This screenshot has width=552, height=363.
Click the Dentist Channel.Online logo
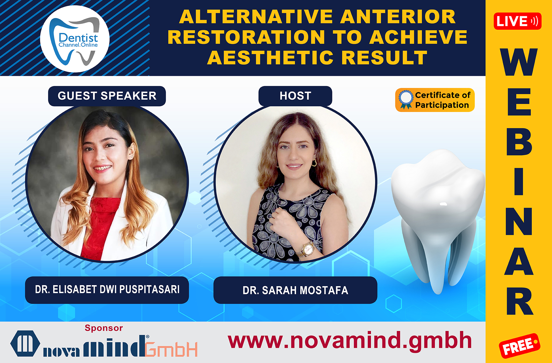(75, 39)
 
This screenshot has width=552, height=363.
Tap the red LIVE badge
(517, 21)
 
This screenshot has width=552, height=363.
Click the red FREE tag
(519, 346)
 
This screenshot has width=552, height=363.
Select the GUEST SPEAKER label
(107, 96)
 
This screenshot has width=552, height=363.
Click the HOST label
(295, 96)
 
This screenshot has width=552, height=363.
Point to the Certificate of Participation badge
(435, 100)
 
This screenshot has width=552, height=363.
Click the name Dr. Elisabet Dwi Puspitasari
(107, 290)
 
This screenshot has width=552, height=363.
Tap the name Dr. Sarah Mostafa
(295, 290)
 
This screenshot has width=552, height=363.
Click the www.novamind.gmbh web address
(350, 341)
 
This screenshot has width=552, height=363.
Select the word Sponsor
(104, 328)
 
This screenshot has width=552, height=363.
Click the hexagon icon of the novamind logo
(25, 343)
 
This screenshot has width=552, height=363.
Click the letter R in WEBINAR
(519, 301)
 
